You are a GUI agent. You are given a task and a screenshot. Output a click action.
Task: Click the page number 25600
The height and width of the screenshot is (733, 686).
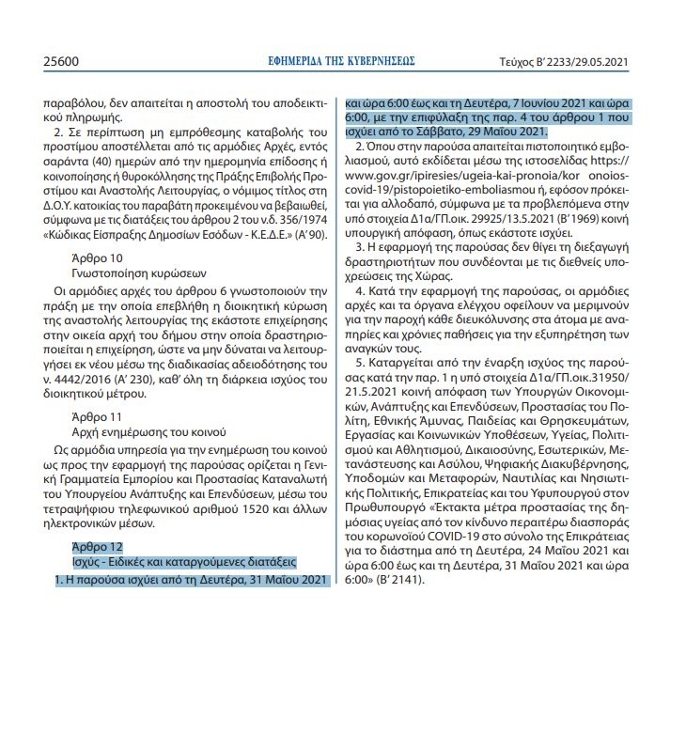point(61,62)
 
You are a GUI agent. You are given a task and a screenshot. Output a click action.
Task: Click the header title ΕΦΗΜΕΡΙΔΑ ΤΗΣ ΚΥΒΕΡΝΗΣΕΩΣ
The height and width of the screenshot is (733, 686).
point(341,61)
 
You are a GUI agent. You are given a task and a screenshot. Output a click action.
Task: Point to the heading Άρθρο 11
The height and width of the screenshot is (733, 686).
point(96,413)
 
